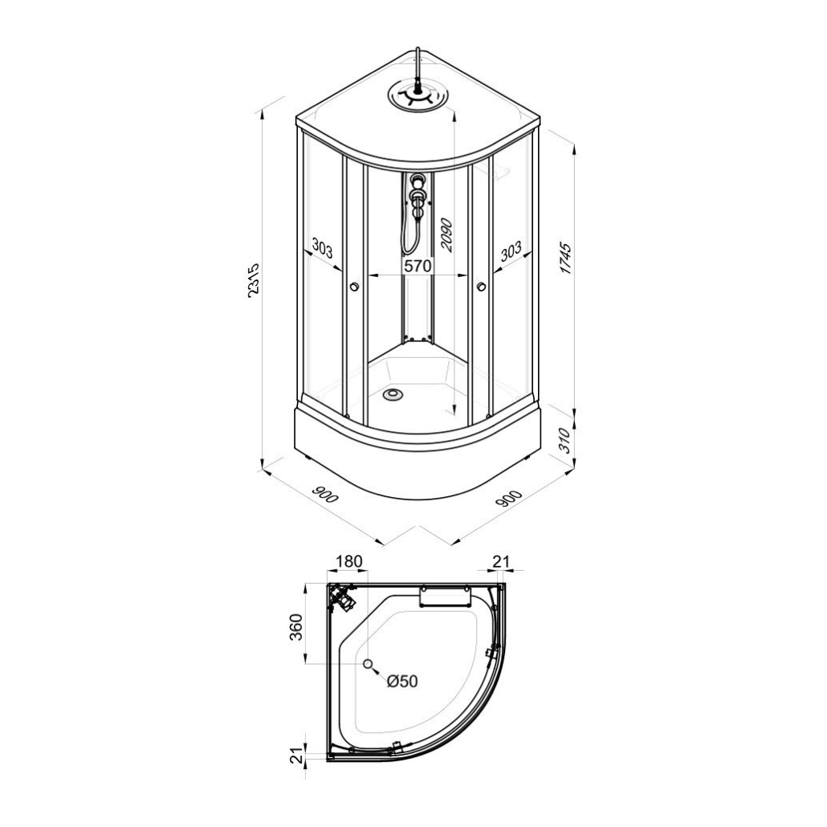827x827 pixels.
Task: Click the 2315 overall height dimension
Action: [x=255, y=280]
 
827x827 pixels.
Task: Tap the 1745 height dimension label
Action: [x=566, y=258]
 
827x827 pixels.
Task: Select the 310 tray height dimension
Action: [x=565, y=441]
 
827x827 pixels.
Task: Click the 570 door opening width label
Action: [x=418, y=266]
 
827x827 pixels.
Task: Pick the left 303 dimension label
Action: [x=323, y=248]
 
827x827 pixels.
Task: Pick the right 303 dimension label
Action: [x=510, y=251]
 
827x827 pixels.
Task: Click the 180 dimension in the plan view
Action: [x=348, y=561]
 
